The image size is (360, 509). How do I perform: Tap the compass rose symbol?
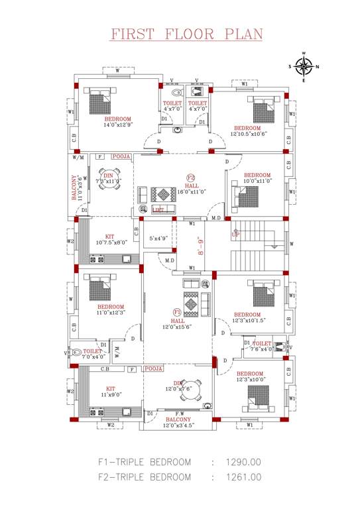(304, 66)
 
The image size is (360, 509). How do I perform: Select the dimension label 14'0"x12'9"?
(117, 125)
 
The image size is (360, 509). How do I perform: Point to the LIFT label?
(158, 209)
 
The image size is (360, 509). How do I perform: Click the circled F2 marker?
(190, 178)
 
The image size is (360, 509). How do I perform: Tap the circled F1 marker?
(177, 312)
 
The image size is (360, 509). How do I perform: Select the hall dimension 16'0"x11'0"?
(193, 192)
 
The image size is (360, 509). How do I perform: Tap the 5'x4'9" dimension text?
(158, 238)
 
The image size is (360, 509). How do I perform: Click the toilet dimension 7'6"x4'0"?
(262, 349)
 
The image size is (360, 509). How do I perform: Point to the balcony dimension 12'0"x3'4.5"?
(178, 425)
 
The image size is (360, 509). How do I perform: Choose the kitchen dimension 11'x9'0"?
(111, 394)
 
